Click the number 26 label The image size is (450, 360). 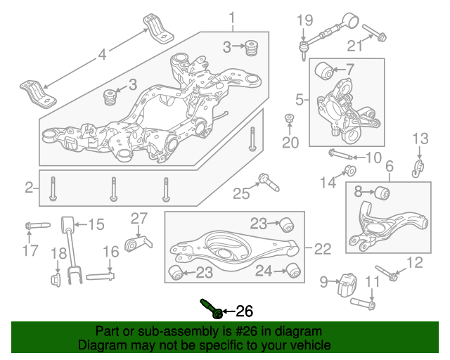(243, 311)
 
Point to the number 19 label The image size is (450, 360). (303, 20)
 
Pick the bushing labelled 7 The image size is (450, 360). (324, 70)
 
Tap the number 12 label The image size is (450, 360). (416, 263)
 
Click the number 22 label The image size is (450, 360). (323, 247)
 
